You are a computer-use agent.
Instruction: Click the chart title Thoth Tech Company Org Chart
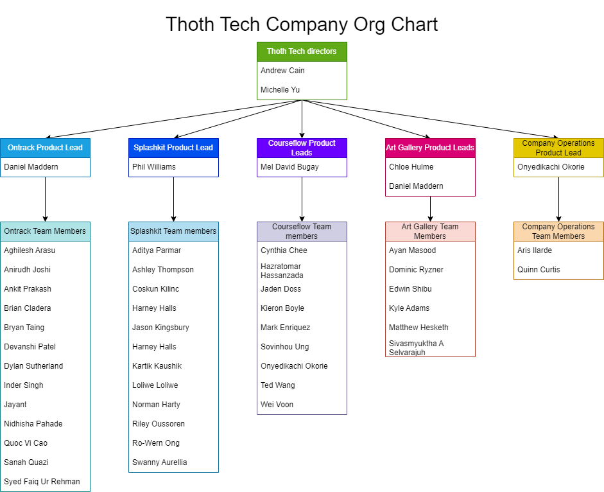point(302,24)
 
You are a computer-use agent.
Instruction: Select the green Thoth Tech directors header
point(302,51)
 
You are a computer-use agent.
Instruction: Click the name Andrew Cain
point(282,71)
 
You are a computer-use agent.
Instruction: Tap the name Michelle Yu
point(280,90)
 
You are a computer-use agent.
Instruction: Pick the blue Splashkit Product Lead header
point(173,148)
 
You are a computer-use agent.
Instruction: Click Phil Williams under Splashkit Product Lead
point(154,167)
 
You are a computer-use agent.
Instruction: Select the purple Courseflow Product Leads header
point(302,148)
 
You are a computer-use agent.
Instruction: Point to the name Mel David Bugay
point(289,167)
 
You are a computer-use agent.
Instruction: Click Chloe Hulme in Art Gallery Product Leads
point(411,167)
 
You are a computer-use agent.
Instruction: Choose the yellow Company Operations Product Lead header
point(558,148)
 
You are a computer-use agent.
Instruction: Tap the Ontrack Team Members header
point(45,231)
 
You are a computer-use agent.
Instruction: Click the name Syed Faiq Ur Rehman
point(42,482)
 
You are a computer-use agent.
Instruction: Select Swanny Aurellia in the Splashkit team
point(160,462)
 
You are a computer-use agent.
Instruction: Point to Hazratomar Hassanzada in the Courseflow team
point(282,270)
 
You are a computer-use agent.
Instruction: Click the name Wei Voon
point(277,405)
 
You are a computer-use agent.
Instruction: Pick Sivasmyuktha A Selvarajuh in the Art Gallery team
point(416,347)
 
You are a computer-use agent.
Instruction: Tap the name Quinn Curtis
point(539,270)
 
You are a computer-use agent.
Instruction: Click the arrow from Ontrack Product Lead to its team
point(45,199)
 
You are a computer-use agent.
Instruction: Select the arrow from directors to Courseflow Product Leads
point(302,119)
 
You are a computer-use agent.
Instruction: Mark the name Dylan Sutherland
point(33,366)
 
